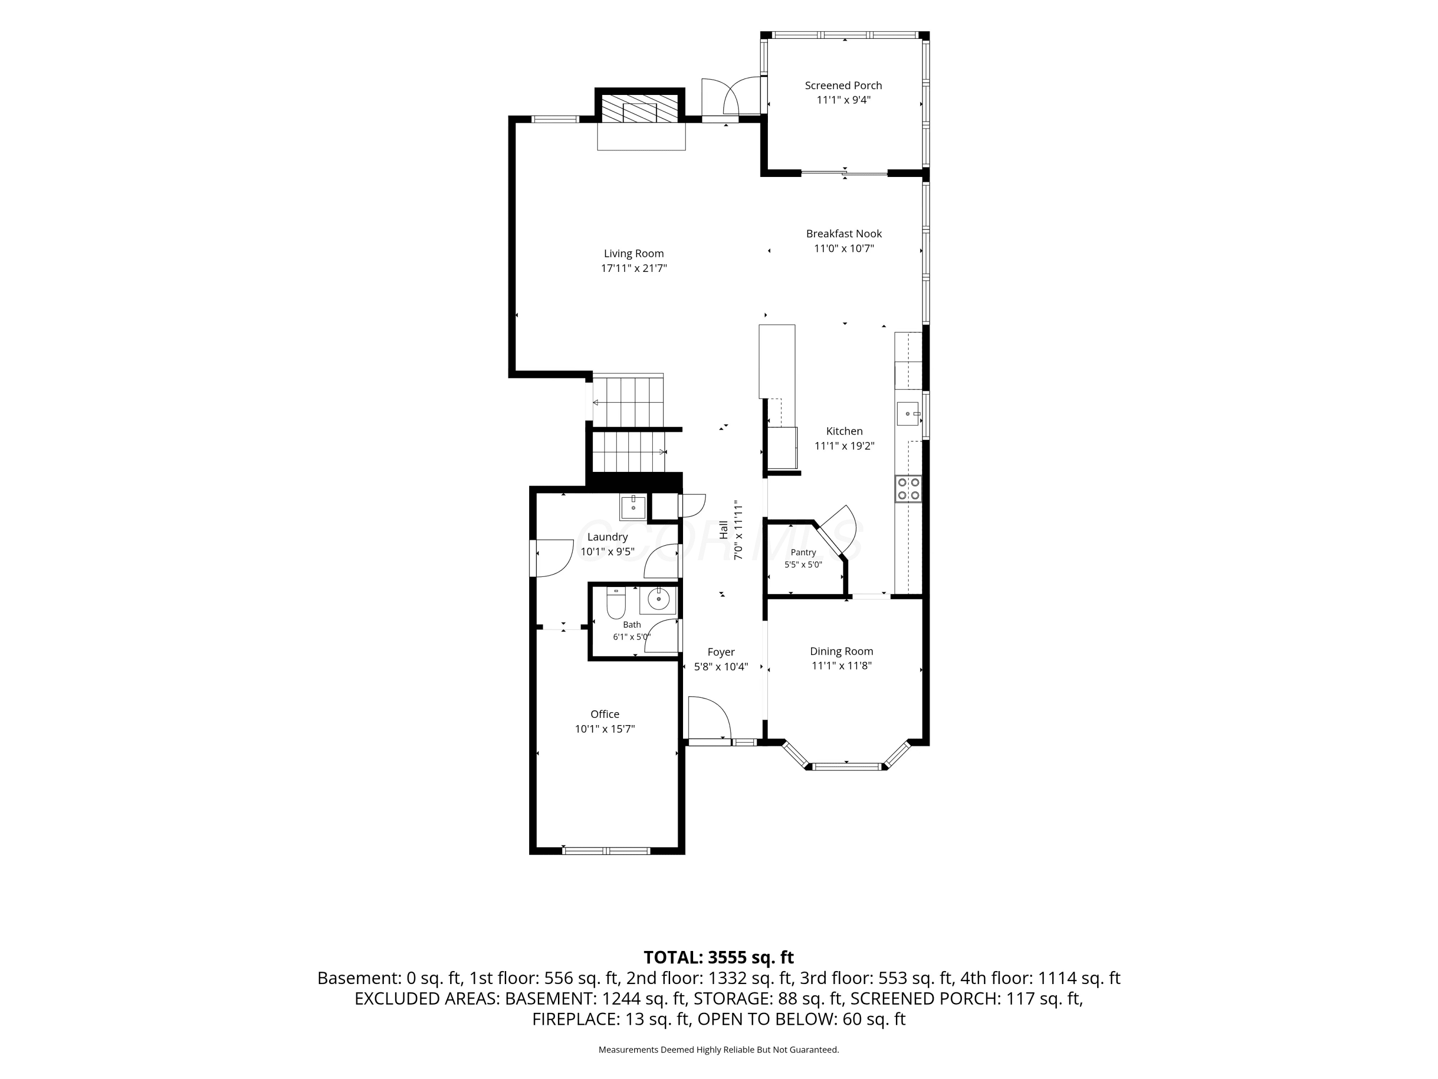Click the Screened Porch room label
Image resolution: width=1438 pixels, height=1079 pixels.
click(843, 85)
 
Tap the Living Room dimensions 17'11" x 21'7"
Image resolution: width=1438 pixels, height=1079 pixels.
click(634, 268)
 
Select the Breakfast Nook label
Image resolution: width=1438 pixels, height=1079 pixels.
click(844, 234)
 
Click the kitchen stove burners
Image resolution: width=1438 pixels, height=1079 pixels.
click(908, 489)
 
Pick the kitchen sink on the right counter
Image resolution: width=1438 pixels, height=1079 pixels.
click(908, 414)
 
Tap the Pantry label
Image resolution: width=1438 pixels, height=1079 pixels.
click(803, 552)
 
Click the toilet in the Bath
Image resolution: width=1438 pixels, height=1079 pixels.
click(615, 604)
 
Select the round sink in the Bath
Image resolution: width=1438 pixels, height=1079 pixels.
click(658, 599)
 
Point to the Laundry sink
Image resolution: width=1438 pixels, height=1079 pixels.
click(633, 507)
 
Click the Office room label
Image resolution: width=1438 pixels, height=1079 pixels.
click(604, 714)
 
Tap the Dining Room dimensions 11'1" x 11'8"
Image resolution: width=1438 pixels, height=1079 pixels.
click(841, 665)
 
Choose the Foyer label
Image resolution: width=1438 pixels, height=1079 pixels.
click(721, 652)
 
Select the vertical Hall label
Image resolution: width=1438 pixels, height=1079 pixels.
click(723, 529)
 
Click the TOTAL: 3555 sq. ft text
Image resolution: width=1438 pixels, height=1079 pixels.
click(719, 957)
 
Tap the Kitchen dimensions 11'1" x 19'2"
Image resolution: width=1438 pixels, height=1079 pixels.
click(845, 446)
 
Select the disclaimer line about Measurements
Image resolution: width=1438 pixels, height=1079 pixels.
click(719, 1049)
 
